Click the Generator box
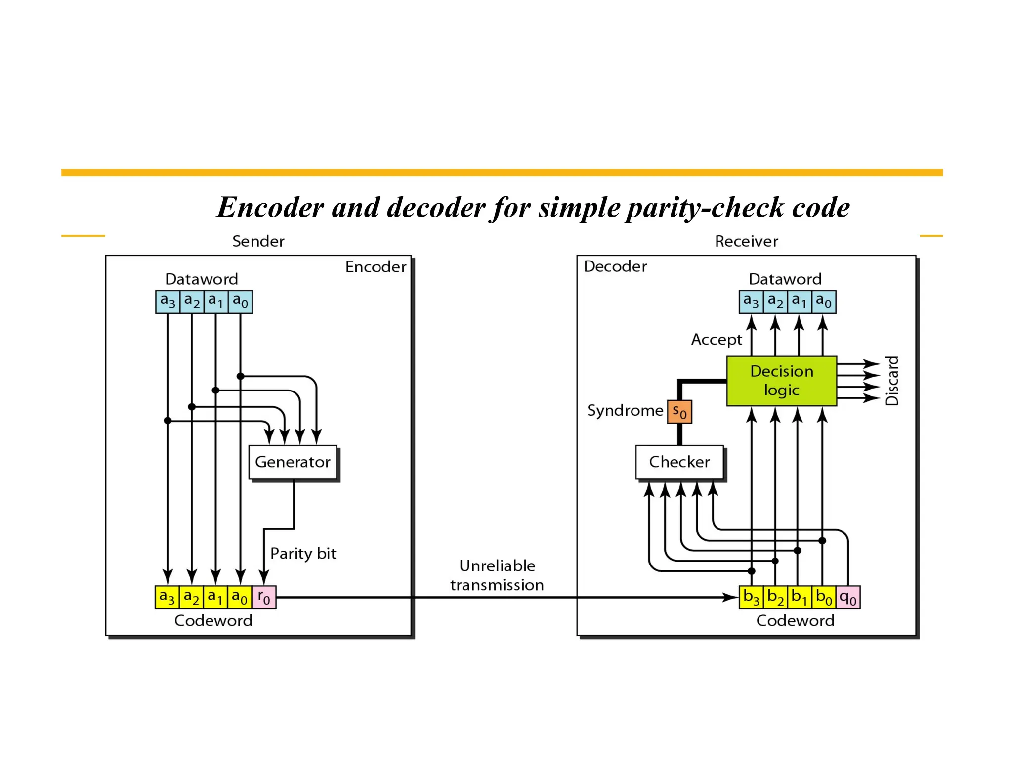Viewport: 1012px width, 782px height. coord(293,462)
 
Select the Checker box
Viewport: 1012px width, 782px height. coord(679,462)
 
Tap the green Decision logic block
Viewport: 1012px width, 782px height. coord(781,381)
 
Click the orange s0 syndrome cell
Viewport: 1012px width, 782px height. coord(679,412)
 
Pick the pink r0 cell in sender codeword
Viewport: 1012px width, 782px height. coord(264,597)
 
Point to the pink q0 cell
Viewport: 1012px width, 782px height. coord(848,597)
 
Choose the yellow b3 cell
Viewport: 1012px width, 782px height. coord(751,597)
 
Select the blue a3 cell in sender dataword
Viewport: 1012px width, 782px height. coord(168,302)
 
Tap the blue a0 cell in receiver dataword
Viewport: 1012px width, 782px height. coord(824,302)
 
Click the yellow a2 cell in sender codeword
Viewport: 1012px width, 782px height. coord(191,597)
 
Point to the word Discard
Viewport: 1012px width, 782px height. coord(892,381)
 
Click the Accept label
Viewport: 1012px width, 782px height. coord(716,340)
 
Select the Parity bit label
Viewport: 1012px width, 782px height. coord(303,553)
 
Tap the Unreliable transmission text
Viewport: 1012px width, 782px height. coord(497,575)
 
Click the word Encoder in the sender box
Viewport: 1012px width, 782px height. coord(376,267)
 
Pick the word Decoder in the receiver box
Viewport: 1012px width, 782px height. coord(615,266)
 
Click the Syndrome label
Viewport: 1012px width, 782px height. coord(625,410)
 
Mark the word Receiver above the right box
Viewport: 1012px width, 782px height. coord(746,241)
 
